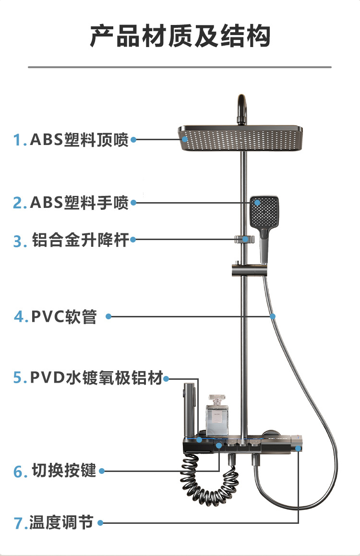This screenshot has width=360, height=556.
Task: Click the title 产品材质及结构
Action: tap(180, 37)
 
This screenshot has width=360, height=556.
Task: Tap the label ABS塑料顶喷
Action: tap(79, 140)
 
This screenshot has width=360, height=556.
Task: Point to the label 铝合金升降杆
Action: tap(81, 240)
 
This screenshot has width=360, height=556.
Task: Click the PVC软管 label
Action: tap(64, 317)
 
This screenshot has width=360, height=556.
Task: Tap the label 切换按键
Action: tap(64, 471)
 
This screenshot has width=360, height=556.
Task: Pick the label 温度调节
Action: tap(61, 522)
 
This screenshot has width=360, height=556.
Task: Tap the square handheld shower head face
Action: tap(264, 210)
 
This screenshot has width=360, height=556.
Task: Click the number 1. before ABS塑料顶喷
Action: tap(20, 140)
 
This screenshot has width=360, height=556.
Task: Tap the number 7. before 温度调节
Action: tap(20, 523)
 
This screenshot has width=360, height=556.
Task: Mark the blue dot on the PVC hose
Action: tap(273, 316)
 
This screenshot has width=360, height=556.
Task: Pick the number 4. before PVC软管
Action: tap(21, 317)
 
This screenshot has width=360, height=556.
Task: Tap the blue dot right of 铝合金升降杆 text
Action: tap(134, 239)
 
